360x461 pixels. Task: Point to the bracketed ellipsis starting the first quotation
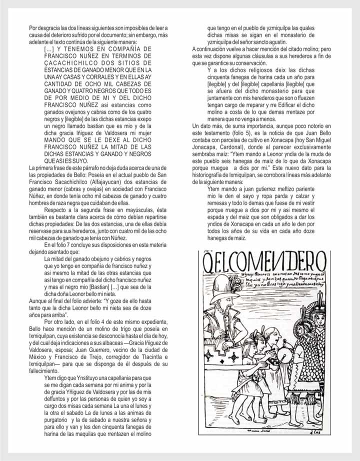coord(49,49)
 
